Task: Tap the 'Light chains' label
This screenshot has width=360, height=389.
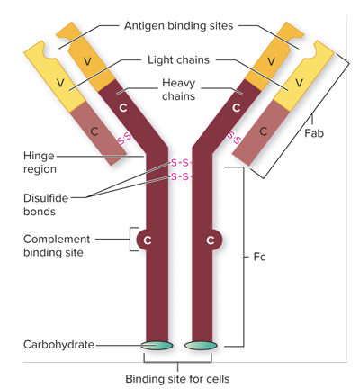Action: pos(178,59)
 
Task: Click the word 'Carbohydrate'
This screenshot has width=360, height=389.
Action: pos(58,344)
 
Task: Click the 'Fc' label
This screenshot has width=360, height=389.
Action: pos(259,256)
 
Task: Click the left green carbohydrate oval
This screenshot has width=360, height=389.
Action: pos(157,344)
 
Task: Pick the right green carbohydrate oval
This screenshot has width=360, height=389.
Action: pos(201,344)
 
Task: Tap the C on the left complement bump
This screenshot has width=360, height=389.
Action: pos(147,240)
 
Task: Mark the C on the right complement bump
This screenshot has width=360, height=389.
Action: pos(211,240)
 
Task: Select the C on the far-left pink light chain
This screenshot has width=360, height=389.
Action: pos(95,130)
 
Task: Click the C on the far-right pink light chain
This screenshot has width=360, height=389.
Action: pos(263,130)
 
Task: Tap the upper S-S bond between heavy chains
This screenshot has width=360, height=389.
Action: pos(179,163)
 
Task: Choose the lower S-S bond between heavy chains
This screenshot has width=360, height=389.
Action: pos(179,176)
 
